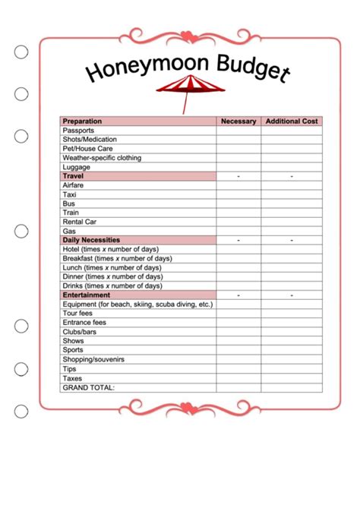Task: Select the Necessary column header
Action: tap(238, 121)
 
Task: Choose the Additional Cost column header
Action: tap(292, 121)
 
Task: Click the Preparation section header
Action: tap(82, 121)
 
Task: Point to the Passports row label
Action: tap(79, 131)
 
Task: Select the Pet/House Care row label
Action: tap(87, 149)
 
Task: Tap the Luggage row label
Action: tap(77, 167)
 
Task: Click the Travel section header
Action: tap(73, 176)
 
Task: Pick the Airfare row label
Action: tap(74, 185)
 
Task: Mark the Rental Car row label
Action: tap(80, 222)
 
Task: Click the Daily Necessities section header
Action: tap(91, 240)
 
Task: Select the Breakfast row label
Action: tap(112, 258)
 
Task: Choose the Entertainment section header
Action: tap(87, 295)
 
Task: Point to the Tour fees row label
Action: tap(77, 313)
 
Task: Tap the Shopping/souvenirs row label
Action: tap(93, 358)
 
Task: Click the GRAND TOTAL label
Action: tap(89, 387)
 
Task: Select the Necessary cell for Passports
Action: tap(238, 131)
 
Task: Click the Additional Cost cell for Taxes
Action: tap(292, 377)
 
